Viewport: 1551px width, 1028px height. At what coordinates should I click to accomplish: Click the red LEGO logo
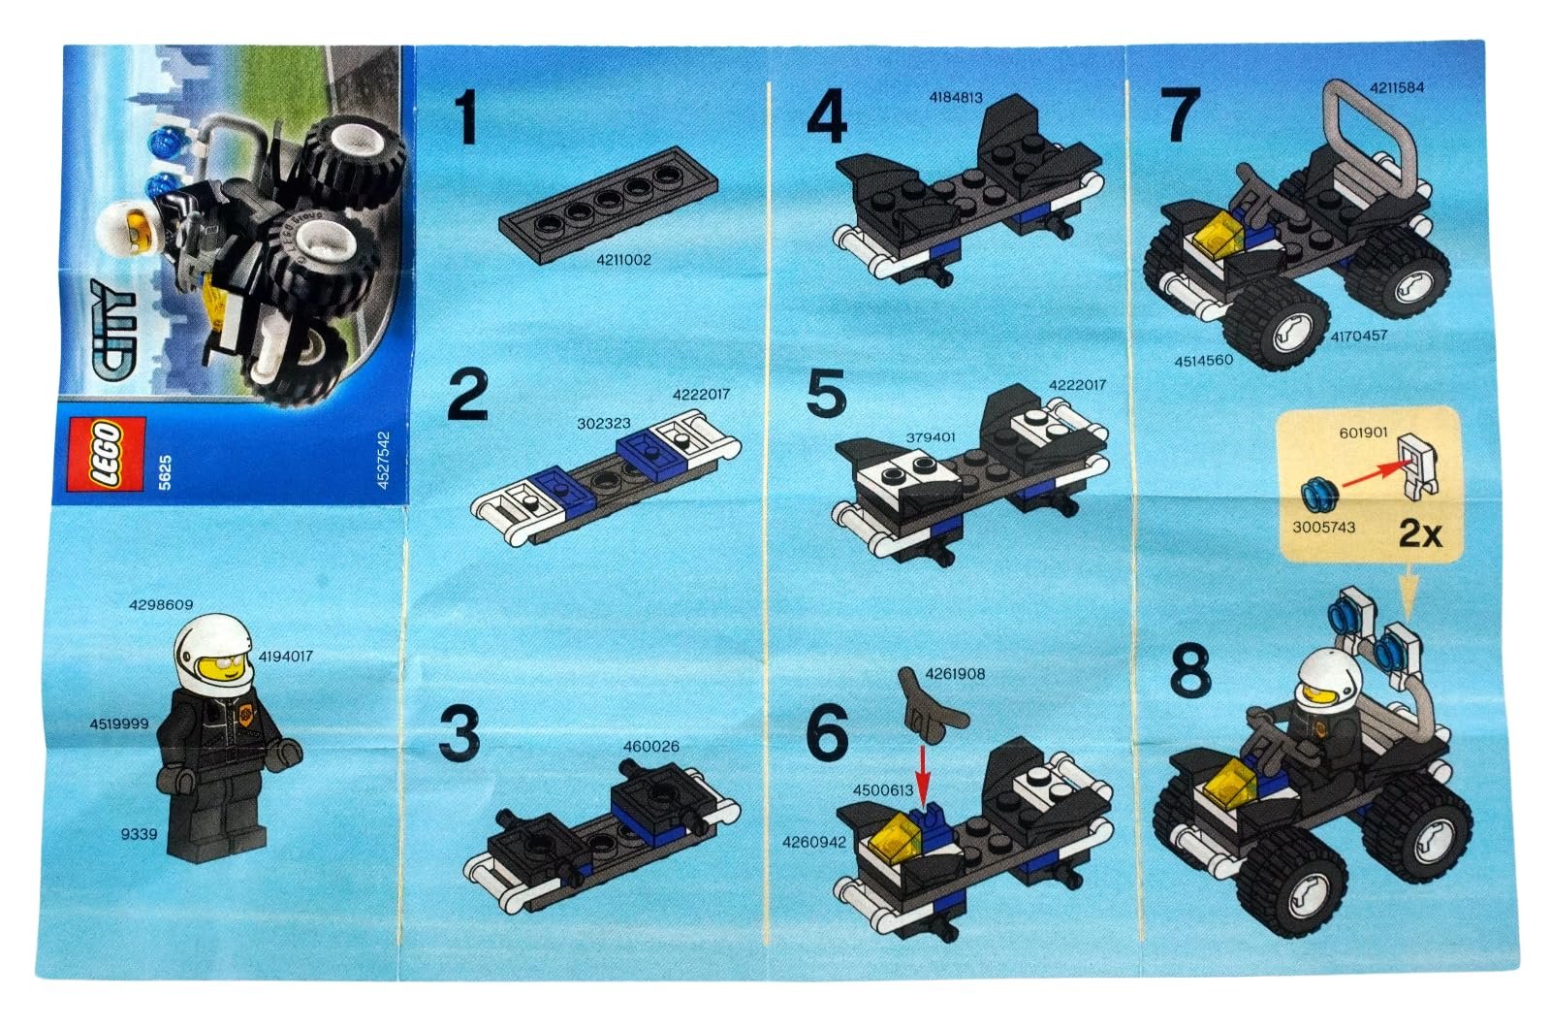[106, 455]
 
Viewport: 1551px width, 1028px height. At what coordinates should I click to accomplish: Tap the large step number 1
[465, 119]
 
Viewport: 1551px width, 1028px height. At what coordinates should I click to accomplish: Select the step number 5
[826, 394]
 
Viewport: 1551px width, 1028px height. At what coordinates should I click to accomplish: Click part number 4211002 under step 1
[624, 260]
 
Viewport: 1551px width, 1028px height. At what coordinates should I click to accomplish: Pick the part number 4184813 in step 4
[956, 98]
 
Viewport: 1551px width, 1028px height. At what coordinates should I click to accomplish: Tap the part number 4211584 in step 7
[1397, 88]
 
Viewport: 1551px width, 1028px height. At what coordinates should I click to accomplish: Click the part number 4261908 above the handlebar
[955, 673]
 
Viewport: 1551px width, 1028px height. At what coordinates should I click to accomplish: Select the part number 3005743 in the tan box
[1323, 528]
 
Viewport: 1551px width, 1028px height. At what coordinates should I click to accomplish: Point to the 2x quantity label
[1420, 534]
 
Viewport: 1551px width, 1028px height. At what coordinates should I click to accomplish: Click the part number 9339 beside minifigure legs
[140, 834]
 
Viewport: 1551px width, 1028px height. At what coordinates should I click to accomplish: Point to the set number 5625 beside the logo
[165, 472]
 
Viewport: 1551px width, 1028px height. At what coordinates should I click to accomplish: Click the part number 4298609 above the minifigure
[161, 605]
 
